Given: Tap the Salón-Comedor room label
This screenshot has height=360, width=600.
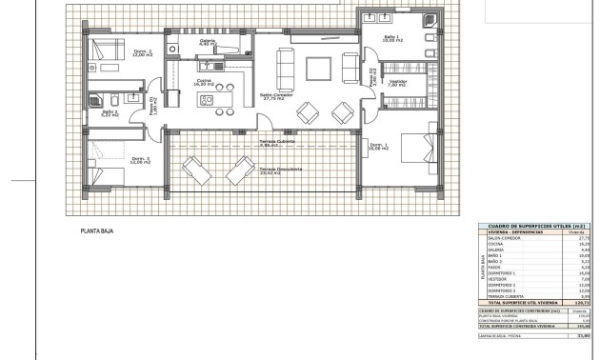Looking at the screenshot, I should click(277, 96).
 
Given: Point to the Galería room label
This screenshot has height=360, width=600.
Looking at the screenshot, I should click(208, 43).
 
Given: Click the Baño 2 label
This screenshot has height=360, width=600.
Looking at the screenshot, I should click(110, 114).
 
